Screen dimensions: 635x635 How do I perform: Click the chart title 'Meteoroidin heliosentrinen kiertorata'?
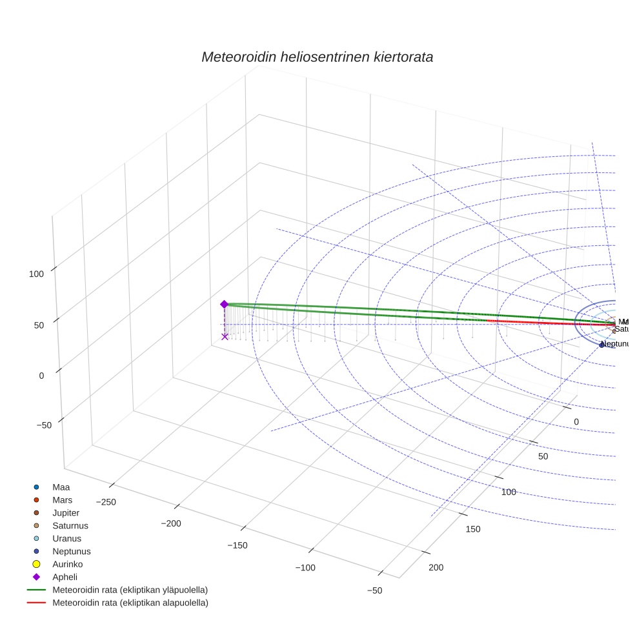coord(317,57)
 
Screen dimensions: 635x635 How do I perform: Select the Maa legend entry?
coord(61,487)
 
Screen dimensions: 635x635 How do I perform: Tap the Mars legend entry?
coord(62,499)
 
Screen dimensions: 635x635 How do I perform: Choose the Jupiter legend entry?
coord(66,512)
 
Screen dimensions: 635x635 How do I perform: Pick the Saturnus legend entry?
coord(70,525)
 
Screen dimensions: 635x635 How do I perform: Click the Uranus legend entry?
coord(66,538)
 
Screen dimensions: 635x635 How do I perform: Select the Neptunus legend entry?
coord(71,551)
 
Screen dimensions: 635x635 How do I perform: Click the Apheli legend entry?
coord(65,577)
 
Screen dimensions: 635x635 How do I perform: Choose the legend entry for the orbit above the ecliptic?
coord(130,590)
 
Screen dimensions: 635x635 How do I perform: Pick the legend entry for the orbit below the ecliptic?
coord(130,603)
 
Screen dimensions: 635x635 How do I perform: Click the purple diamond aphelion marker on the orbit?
coord(224,304)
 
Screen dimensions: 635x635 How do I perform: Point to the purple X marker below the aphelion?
coord(225,336)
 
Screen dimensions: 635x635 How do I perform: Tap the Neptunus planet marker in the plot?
coord(601,345)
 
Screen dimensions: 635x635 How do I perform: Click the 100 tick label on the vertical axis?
coord(36,274)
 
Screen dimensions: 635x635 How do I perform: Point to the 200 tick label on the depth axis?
coord(436,567)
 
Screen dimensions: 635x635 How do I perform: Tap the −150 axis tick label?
coord(237,545)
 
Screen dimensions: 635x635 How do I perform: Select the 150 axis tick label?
coord(473,529)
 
